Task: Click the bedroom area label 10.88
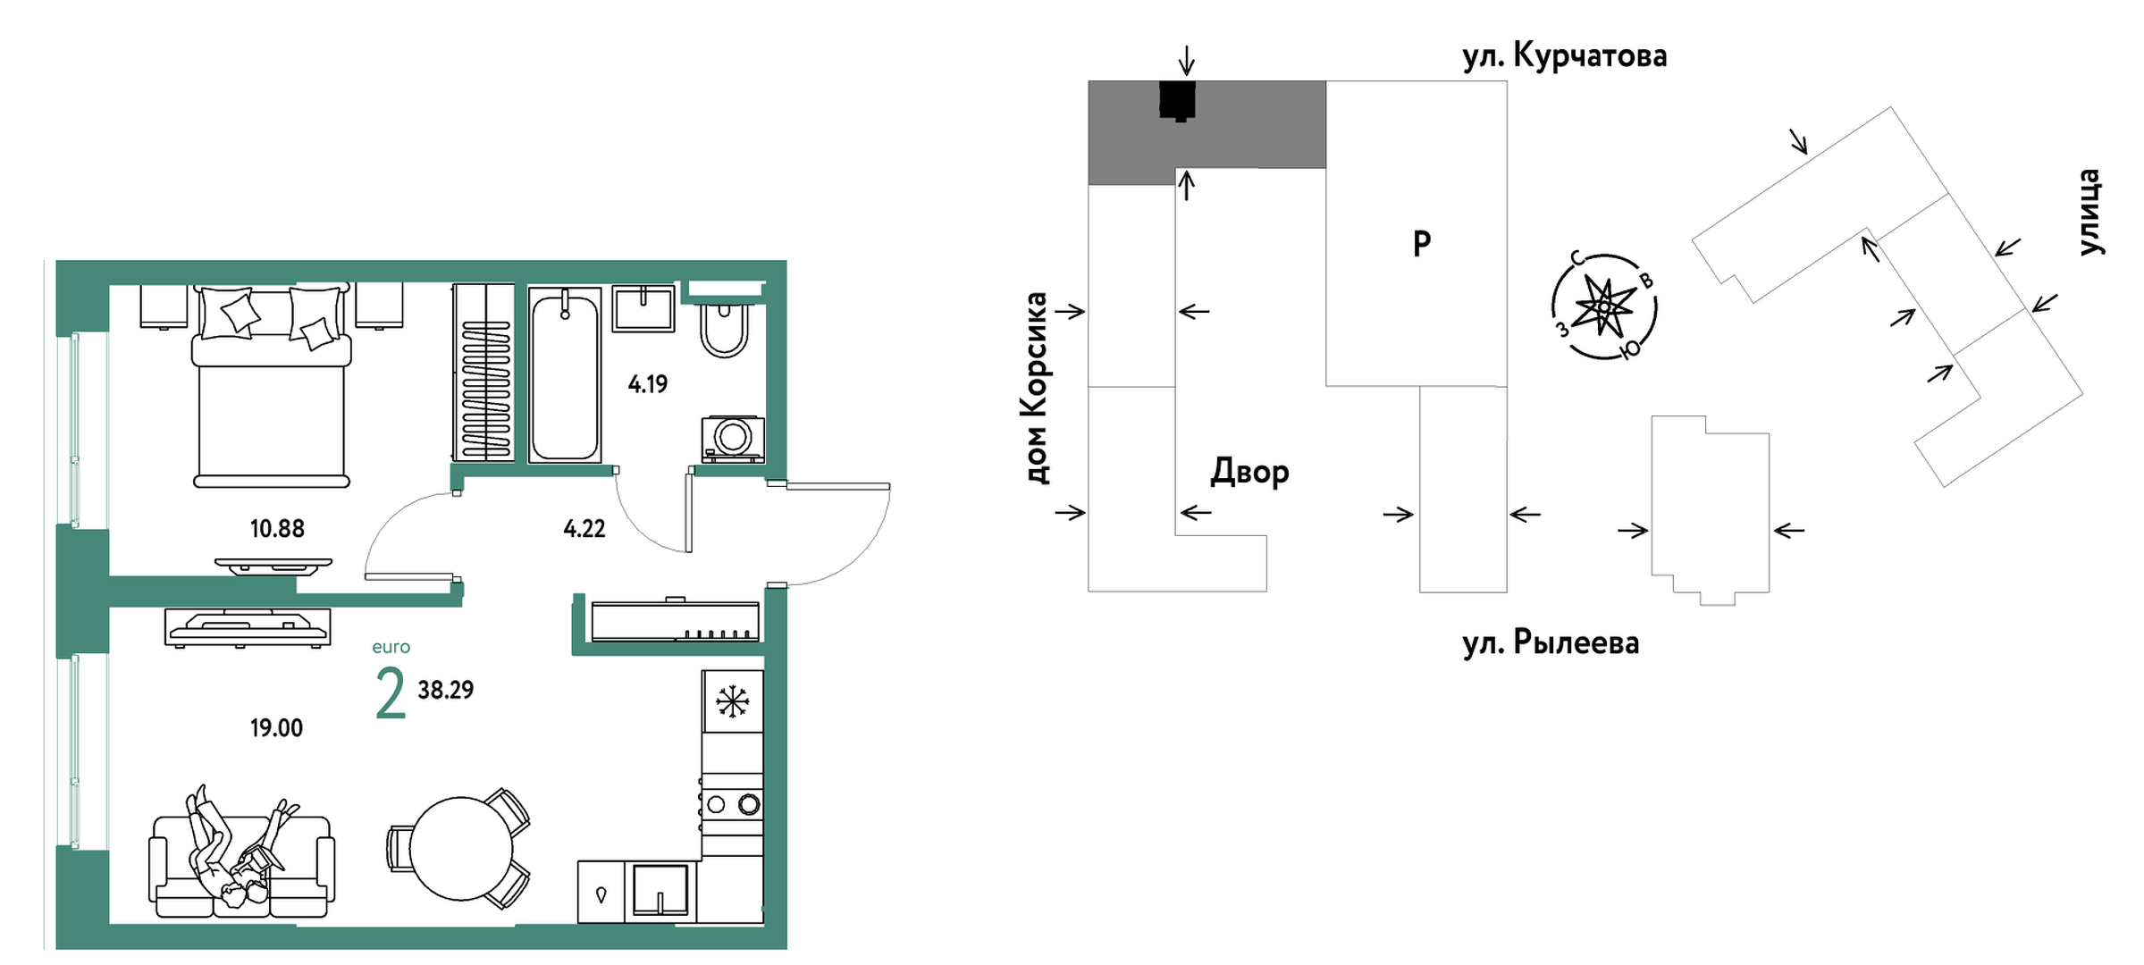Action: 277,529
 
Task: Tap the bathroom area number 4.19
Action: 648,384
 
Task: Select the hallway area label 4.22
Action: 584,529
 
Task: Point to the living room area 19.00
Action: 276,728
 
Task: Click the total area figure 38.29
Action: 446,690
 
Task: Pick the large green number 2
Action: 391,693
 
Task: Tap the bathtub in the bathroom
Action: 565,375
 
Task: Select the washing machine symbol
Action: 733,438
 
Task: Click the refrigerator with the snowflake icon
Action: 732,701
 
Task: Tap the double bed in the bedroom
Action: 272,393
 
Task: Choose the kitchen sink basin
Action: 660,889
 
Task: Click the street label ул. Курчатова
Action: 1564,56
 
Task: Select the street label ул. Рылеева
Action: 1551,643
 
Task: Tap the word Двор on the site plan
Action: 1249,472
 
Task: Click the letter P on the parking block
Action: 1422,243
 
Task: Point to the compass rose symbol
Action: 1604,306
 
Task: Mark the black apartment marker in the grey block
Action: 1178,100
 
